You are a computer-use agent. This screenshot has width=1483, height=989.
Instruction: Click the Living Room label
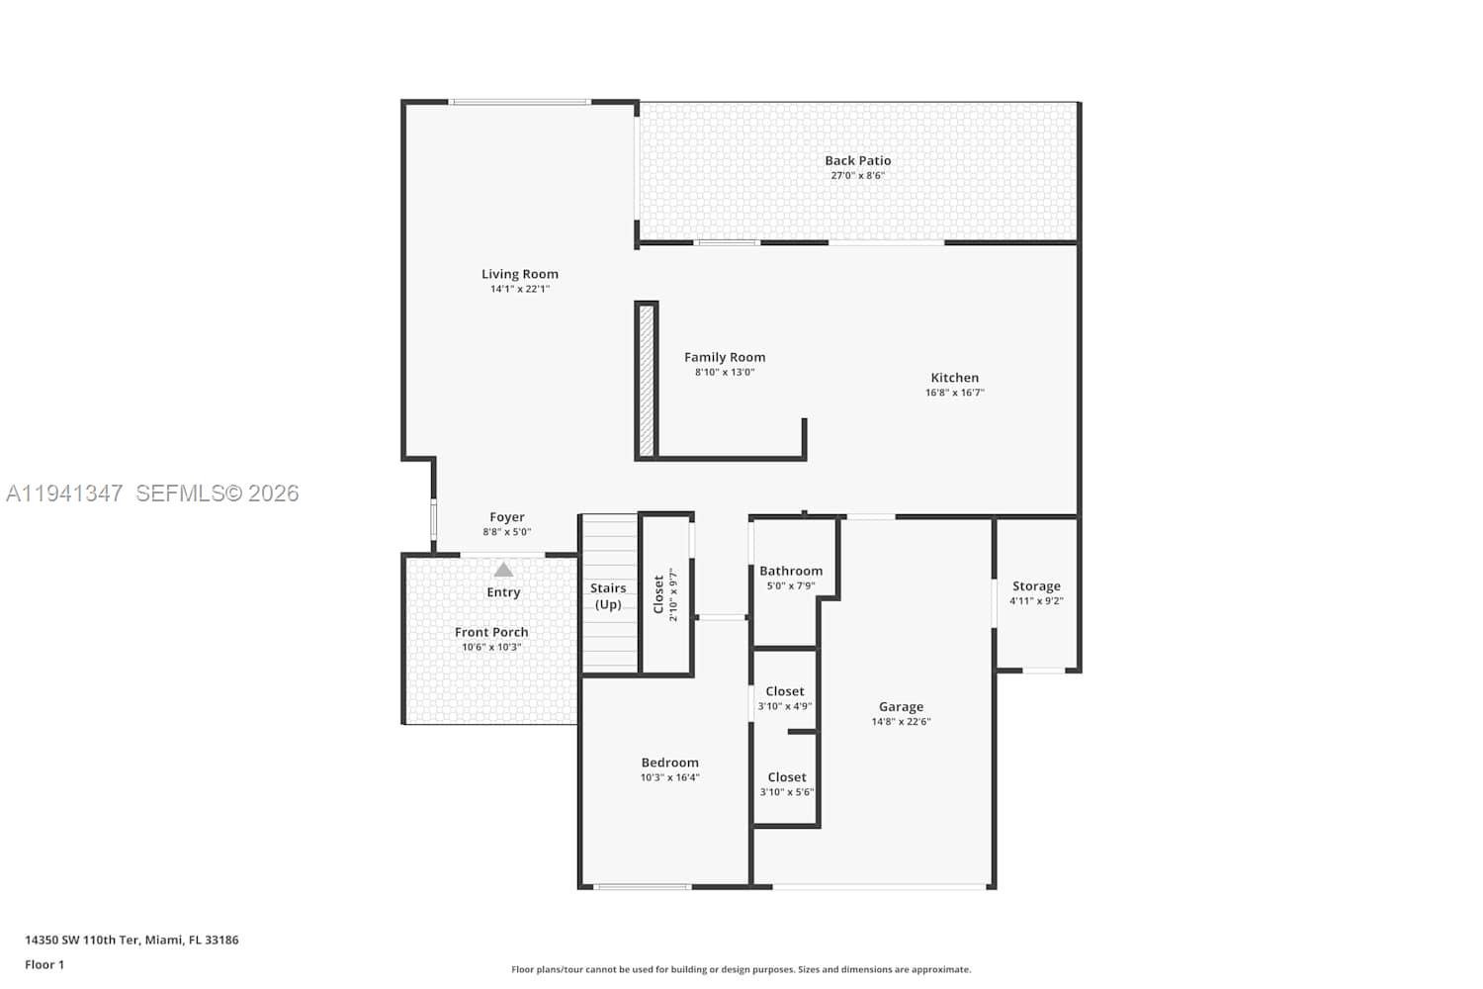520,274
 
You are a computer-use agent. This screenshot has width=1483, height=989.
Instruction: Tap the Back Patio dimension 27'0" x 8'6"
857,175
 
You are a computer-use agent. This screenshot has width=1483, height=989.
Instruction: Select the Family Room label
725,357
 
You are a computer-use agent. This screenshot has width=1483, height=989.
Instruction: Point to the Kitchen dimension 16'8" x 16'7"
955,393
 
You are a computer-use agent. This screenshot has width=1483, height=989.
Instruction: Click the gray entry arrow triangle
503,570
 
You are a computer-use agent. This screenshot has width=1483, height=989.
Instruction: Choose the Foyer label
506,516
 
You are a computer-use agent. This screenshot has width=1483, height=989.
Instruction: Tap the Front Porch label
491,632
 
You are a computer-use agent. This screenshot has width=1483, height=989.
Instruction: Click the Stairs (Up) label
608,596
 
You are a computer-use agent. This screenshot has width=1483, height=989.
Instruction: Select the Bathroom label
791,571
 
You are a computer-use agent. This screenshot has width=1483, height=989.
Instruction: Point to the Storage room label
1036,586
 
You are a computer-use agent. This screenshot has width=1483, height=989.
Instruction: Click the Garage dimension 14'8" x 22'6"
901,721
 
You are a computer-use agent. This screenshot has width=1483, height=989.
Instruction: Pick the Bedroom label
669,763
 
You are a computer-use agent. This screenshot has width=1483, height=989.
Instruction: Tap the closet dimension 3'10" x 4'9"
785,706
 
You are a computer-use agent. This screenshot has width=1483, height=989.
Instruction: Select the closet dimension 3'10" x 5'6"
787,792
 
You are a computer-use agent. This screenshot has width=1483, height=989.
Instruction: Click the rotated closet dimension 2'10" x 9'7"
674,594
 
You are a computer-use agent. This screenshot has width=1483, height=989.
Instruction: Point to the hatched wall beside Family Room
647,380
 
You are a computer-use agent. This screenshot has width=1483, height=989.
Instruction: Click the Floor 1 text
44,964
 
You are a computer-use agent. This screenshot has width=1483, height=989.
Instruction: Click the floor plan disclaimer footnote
741,969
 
